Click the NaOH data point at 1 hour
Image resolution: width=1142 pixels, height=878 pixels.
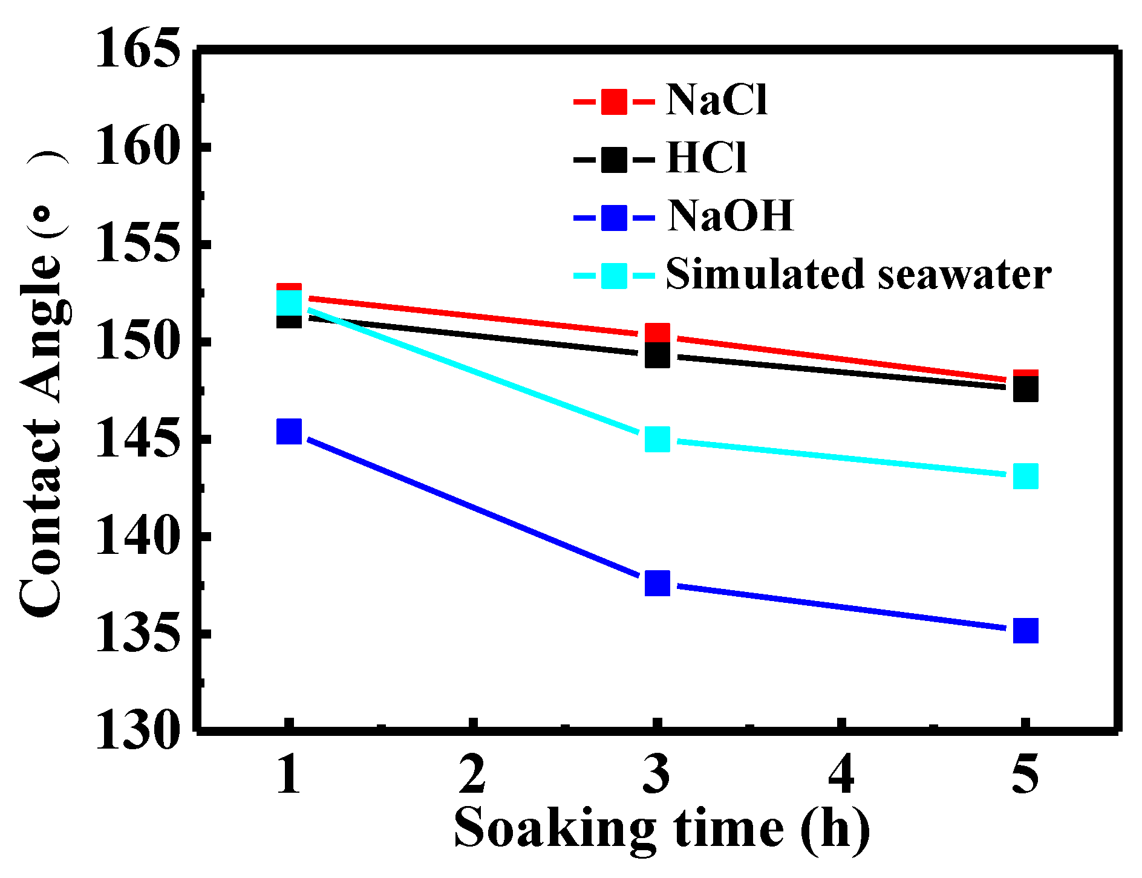point(289,431)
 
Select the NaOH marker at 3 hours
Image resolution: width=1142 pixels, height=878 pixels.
point(657,583)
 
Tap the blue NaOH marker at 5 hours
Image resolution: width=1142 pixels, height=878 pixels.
point(1026,631)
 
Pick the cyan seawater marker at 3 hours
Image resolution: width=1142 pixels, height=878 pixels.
point(657,439)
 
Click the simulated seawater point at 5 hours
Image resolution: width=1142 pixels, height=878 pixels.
point(1026,476)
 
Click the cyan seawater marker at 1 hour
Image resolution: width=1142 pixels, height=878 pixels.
point(289,302)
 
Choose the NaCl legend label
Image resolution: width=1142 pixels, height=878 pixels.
point(717,100)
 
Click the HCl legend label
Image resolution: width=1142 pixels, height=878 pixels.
point(706,158)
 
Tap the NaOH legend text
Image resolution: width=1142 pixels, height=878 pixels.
point(730,216)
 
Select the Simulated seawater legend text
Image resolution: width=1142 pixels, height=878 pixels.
point(858,275)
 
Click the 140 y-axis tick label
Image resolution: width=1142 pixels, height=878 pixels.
point(138,537)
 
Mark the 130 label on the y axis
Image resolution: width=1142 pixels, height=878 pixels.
point(138,732)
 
